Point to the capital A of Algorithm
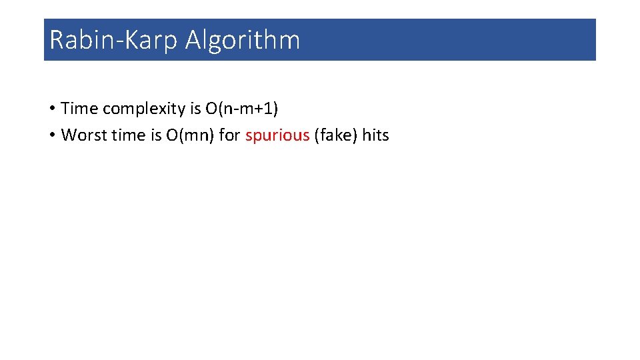pos(194,40)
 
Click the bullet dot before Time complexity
pos(51,108)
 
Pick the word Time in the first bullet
pos(79,108)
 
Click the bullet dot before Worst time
pos(51,135)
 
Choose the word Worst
pos(82,135)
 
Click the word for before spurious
pos(229,135)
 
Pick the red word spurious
pos(277,136)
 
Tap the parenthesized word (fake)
pos(335,135)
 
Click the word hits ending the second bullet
pos(375,135)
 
